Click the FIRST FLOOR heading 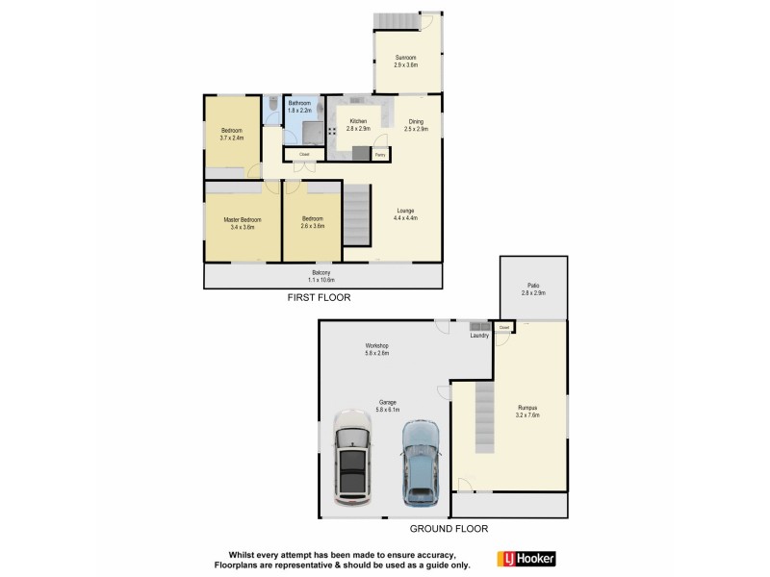[x=320, y=298]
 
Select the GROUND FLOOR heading [x=449, y=529]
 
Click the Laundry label [x=479, y=336]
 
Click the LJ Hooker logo [x=526, y=559]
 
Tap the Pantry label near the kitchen [x=381, y=154]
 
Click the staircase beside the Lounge [x=357, y=215]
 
